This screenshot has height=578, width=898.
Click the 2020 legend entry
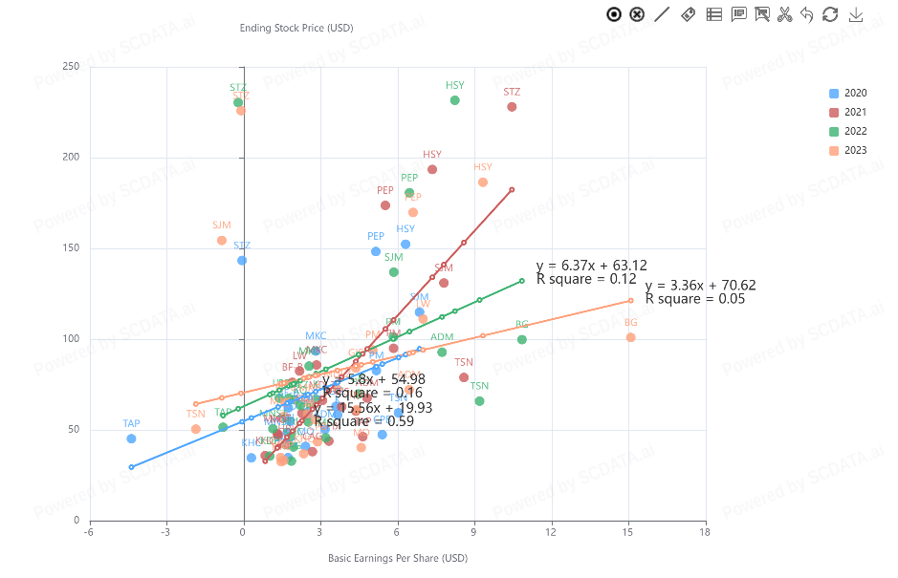[x=848, y=93]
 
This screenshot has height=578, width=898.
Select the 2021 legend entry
[x=848, y=112]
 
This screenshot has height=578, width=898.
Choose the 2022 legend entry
[x=848, y=131]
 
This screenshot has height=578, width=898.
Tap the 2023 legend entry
[x=848, y=150]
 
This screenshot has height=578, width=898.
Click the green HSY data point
[x=455, y=100]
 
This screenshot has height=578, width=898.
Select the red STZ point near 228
[x=512, y=107]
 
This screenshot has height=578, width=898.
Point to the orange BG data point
[x=630, y=337]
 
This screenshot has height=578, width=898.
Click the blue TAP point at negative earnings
[x=131, y=439]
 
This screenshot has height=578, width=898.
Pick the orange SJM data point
[x=222, y=241]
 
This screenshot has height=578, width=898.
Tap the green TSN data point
[x=479, y=401]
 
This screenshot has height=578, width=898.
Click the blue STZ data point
[x=242, y=261]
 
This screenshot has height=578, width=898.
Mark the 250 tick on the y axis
[x=71, y=67]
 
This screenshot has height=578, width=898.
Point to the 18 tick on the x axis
[x=705, y=531]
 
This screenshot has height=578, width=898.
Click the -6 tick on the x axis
[x=89, y=531]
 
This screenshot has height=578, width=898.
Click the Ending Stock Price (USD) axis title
[x=296, y=28]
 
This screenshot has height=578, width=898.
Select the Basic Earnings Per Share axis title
[x=397, y=558]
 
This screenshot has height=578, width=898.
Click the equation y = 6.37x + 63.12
[x=591, y=266]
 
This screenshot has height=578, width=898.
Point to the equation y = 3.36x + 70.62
[x=700, y=286]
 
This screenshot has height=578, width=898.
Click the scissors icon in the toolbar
[x=784, y=14]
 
